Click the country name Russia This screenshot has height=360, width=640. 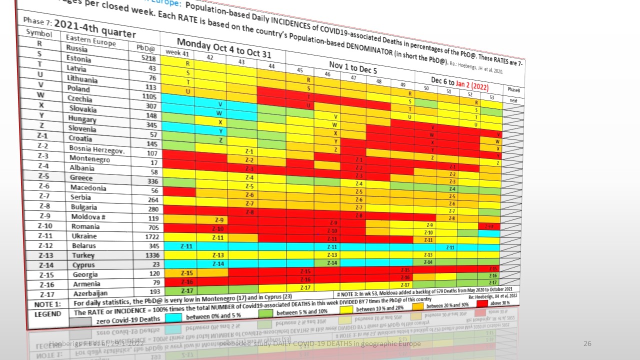(76, 49)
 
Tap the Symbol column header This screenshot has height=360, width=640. (39, 33)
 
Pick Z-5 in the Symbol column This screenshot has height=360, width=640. (43, 176)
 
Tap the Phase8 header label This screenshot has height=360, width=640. (513, 89)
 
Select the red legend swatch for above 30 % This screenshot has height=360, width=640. (488, 303)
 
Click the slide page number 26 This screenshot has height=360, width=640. (588, 343)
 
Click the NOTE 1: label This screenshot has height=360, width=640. (47, 304)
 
